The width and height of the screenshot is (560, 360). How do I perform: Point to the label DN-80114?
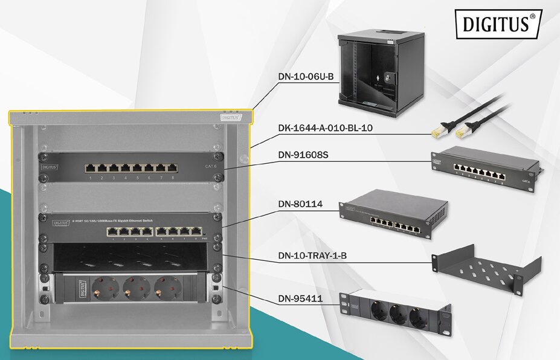tap(300, 205)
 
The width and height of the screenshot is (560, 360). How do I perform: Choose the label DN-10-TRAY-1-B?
tap(320, 256)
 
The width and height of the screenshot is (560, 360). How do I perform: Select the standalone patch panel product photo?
tap(483, 171)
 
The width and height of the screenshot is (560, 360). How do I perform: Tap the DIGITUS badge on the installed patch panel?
tap(50, 165)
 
